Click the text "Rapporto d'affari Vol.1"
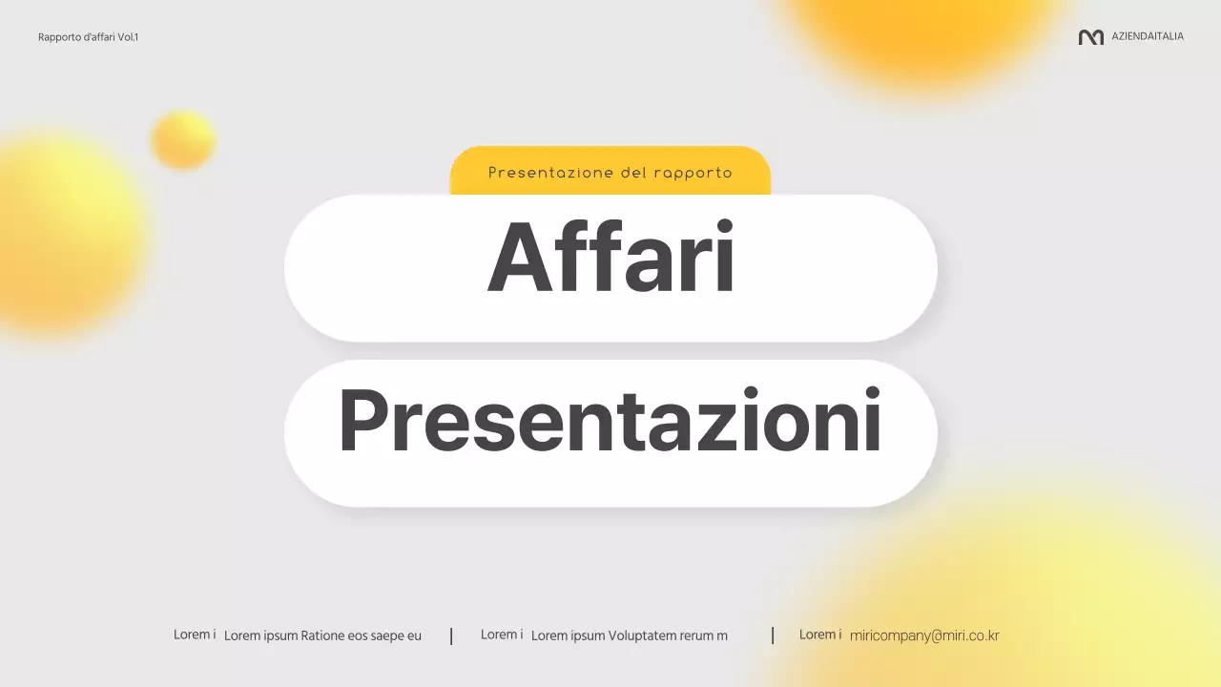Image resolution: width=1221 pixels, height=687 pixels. point(88,37)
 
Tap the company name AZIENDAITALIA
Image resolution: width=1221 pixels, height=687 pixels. point(1148,36)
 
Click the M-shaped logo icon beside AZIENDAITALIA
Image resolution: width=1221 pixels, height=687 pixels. point(1090,37)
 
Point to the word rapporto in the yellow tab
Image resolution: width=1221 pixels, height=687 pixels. point(693,174)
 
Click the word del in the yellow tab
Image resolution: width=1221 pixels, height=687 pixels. point(633,174)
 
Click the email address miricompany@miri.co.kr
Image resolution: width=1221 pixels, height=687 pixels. point(923,635)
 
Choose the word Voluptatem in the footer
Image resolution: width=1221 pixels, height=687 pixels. point(644,635)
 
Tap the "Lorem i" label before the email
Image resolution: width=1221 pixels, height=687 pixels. point(820,635)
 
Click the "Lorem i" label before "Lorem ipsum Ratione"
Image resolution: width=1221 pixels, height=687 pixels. point(195,635)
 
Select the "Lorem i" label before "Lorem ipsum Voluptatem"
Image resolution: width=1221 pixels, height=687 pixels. point(502,635)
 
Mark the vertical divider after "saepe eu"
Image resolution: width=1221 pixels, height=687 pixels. point(451,635)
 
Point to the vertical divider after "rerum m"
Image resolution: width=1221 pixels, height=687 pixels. point(773,635)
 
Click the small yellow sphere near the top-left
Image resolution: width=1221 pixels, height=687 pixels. point(183,139)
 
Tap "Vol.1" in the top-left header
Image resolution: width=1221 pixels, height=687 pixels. point(128,37)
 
